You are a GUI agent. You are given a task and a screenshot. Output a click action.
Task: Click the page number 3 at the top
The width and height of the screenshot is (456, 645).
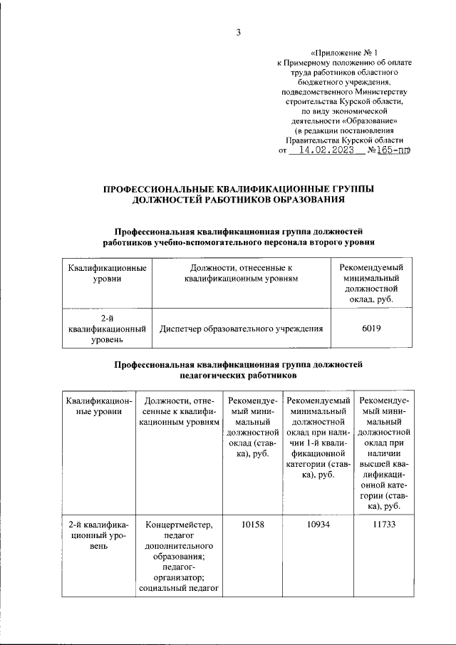tap(239, 31)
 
